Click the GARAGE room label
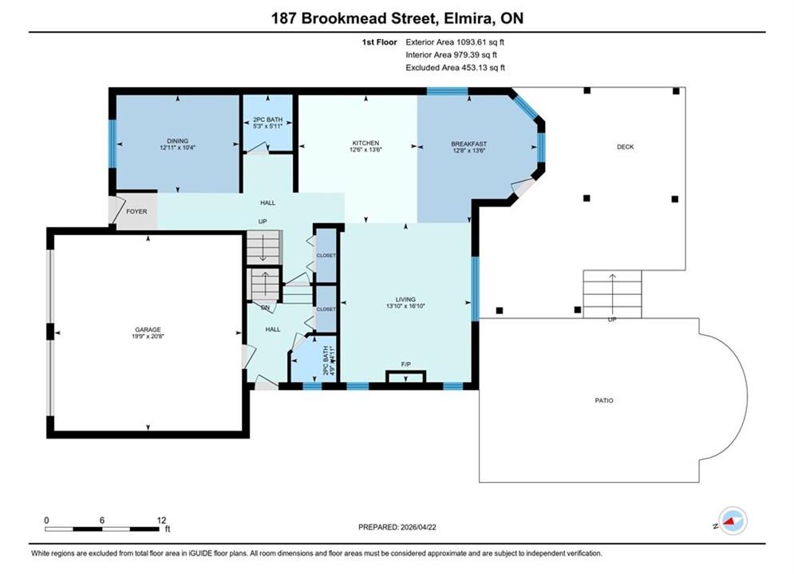coord(148,330)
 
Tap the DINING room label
coord(178,141)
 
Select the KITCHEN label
coord(365,143)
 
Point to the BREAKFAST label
coord(469,144)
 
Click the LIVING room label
coord(405,300)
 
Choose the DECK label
coord(626,147)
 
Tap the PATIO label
coord(604,400)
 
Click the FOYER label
coord(136,211)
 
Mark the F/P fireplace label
coord(405,364)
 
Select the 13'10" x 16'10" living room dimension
coord(405,306)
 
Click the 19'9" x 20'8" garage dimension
coord(148,336)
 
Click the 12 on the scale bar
coord(161,521)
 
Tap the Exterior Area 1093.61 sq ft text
coord(455,42)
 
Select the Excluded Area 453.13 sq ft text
coord(455,68)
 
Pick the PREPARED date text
coord(397,527)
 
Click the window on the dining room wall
coord(113,143)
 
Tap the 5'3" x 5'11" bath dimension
coord(268,126)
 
